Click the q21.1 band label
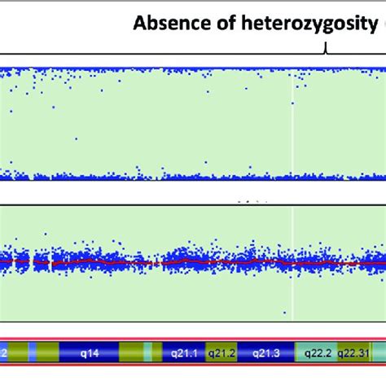click(184, 353)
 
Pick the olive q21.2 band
click(221, 353)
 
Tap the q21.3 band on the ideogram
click(263, 353)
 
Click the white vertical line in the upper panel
click(292, 122)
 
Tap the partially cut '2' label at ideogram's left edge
click(4, 353)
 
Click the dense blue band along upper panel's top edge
click(163, 70)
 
